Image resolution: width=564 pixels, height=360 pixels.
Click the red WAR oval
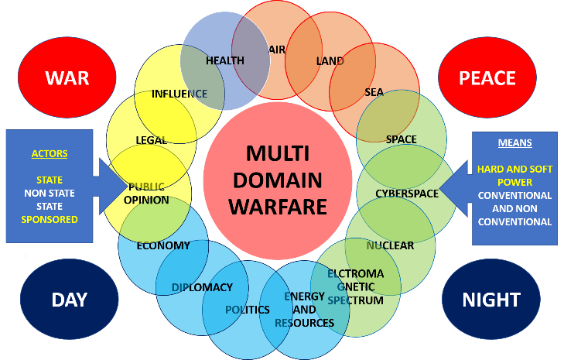pyautogui.click(x=67, y=77)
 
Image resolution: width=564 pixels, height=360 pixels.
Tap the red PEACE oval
pyautogui.click(x=487, y=77)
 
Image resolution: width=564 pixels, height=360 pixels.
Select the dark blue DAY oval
pyautogui.click(x=69, y=300)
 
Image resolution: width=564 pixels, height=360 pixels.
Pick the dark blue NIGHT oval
pyautogui.click(x=491, y=300)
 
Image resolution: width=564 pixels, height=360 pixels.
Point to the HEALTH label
pyautogui.click(x=225, y=60)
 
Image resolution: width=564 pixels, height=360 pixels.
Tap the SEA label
pyautogui.click(x=374, y=92)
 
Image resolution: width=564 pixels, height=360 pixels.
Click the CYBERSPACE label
pyautogui.click(x=407, y=193)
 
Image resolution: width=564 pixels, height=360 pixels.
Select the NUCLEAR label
pyautogui.click(x=391, y=245)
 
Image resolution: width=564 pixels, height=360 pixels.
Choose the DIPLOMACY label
pyautogui.click(x=202, y=287)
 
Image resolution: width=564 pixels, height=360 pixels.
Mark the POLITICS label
pyautogui.click(x=248, y=310)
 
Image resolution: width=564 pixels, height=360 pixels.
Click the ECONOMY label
pyautogui.click(x=163, y=245)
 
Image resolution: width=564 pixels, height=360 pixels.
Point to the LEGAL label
pyautogui.click(x=151, y=140)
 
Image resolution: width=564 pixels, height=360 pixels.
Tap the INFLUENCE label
pyautogui.click(x=179, y=94)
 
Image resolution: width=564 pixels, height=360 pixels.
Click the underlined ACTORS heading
pyautogui.click(x=50, y=153)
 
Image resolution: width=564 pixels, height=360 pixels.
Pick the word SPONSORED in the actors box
pyautogui.click(x=50, y=219)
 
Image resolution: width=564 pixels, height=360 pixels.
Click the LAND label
pyautogui.click(x=330, y=60)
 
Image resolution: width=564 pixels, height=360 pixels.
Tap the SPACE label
pyautogui.click(x=401, y=139)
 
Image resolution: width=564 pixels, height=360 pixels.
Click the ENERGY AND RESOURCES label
pyautogui.click(x=304, y=310)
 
